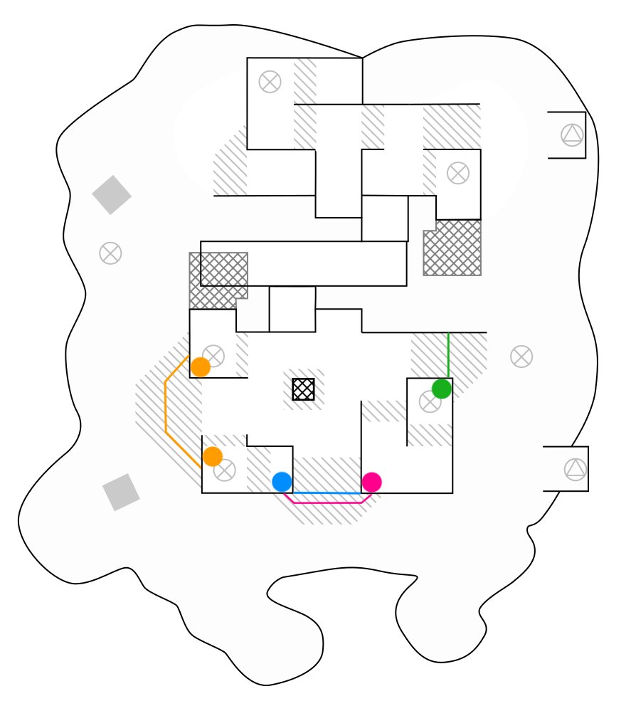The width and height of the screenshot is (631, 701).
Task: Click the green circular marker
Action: [x=442, y=389]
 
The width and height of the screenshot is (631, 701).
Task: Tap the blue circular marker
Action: [x=282, y=482]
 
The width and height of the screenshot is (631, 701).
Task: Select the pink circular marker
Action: [x=371, y=482]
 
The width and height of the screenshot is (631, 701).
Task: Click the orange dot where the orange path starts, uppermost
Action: [x=201, y=367]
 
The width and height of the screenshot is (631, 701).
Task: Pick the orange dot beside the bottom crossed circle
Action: [x=212, y=456]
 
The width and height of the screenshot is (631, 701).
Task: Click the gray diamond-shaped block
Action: [x=112, y=195]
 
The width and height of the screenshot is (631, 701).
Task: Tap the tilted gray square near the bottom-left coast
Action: [x=121, y=492]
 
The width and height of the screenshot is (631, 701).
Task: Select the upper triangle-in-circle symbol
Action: [x=571, y=135]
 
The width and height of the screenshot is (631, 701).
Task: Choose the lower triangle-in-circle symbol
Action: [x=574, y=469]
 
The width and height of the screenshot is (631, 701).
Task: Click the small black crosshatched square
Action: [x=303, y=389]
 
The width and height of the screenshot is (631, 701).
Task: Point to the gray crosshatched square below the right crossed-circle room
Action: [x=452, y=248]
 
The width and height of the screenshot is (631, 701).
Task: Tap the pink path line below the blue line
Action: [x=327, y=502]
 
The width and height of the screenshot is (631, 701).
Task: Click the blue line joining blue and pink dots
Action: [x=327, y=492]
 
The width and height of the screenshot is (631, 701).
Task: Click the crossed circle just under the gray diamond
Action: [x=110, y=253]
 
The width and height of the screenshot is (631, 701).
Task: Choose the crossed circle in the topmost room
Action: [x=270, y=82]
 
